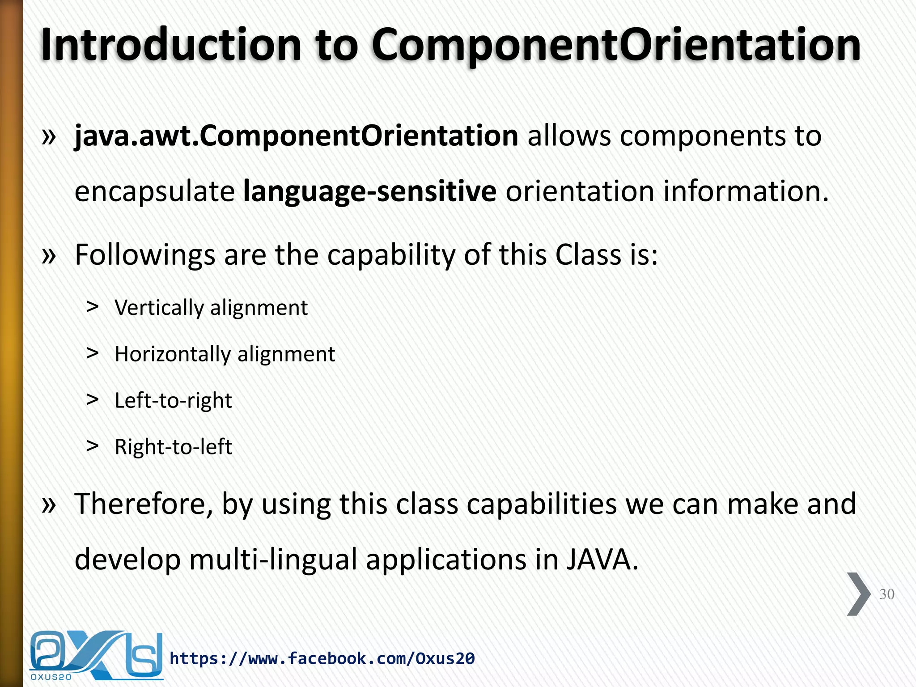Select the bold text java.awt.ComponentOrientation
tap(296, 136)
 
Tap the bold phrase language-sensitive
tap(369, 191)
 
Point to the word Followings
tap(145, 255)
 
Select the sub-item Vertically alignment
tap(211, 308)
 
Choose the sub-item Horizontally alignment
tap(225, 354)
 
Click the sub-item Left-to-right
tap(173, 401)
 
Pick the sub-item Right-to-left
tap(173, 447)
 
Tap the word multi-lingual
tap(273, 560)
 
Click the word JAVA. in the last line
tap(602, 560)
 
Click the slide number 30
tap(886, 594)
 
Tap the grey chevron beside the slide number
tap(858, 594)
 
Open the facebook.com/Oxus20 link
tap(322, 658)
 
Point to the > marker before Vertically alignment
tap(93, 307)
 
